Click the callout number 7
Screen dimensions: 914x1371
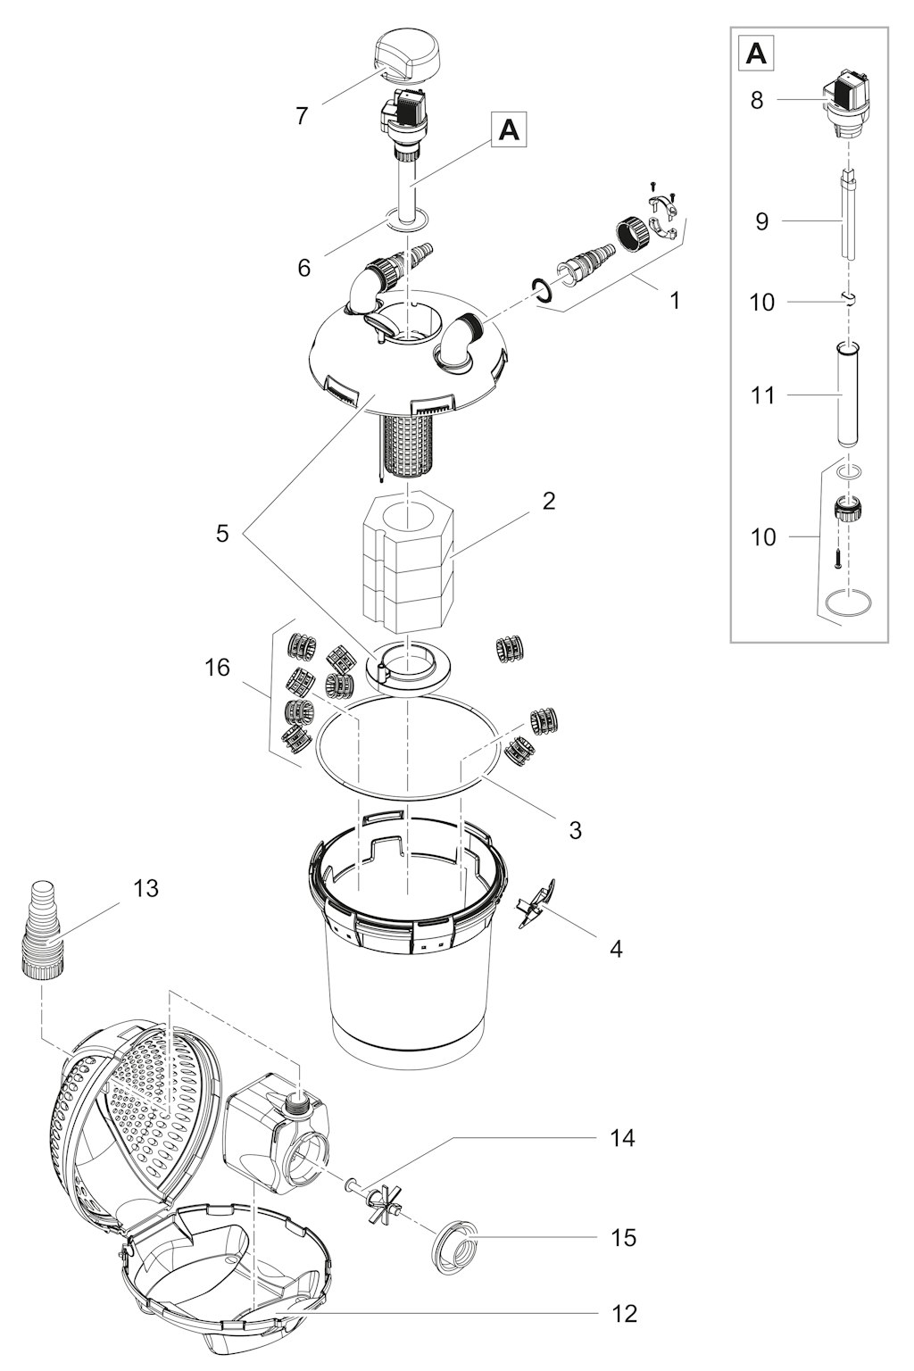click(x=301, y=116)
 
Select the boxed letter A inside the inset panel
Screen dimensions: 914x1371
click(x=757, y=54)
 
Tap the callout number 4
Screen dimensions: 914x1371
click(x=616, y=949)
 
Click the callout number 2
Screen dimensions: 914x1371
click(x=549, y=501)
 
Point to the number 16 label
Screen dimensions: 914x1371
click(x=217, y=667)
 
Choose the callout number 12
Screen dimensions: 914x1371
click(x=625, y=1313)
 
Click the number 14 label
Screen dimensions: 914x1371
click(x=622, y=1138)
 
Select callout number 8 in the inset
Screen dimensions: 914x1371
click(x=757, y=100)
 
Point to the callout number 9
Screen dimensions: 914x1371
click(x=761, y=221)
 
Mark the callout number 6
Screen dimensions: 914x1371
click(x=303, y=268)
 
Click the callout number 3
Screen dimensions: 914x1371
click(x=575, y=830)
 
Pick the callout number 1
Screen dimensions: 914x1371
click(x=675, y=301)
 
